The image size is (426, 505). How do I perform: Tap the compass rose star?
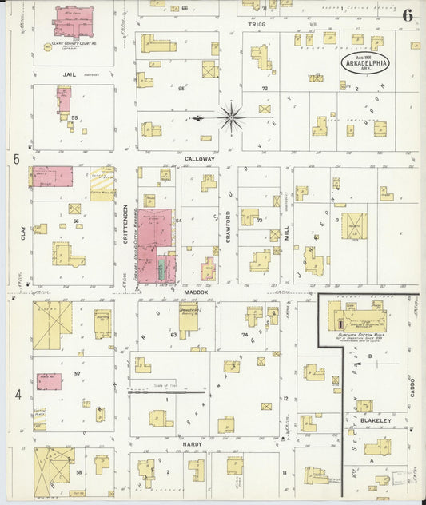coord(230,117)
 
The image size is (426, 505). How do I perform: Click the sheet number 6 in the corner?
coord(408,15)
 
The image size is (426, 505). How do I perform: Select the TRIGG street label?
coord(256,24)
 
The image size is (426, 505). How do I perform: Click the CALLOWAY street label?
coord(200,159)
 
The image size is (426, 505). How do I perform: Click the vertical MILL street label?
coord(287,233)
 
